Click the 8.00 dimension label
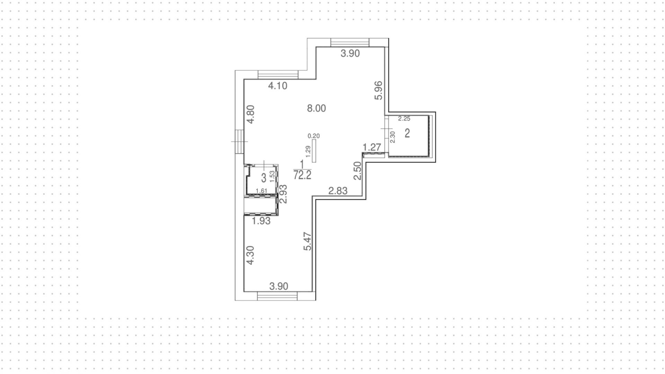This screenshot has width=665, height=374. tap(316, 109)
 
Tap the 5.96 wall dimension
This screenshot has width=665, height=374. tap(379, 90)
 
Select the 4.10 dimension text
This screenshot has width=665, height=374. tap(278, 86)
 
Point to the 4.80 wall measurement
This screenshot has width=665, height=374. tap(250, 114)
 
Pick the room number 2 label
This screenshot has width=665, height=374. tap(407, 133)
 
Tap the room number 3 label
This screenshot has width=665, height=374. tap(264, 178)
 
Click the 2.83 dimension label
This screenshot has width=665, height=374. tap(338, 190)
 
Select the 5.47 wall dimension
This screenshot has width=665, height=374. tap(307, 241)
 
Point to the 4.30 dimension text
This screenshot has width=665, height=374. tap(250, 255)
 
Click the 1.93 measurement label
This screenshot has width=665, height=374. tap(261, 221)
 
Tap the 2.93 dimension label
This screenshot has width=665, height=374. tap(283, 194)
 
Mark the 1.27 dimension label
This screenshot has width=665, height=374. tap(372, 147)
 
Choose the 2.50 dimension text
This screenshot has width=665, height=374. tap(357, 171)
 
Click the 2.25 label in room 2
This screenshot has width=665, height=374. tap(404, 119)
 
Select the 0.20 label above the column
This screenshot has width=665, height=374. tap(313, 136)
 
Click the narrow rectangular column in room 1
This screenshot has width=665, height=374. tap(314, 151)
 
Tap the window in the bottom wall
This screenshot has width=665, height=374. tap(277, 296)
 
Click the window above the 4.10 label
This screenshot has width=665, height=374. tap(278, 75)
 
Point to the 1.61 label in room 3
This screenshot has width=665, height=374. tap(261, 190)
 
